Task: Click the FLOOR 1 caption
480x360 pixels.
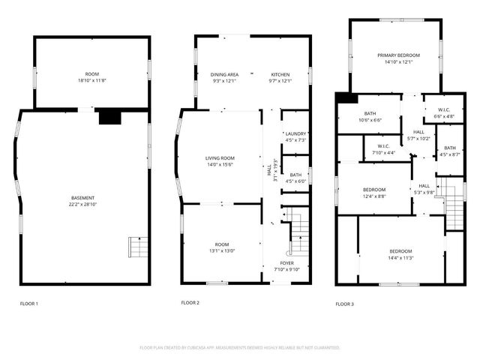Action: tap(29, 304)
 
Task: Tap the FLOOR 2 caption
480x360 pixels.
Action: tap(190, 303)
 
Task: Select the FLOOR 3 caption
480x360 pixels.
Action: tap(344, 304)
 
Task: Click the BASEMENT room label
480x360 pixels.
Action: tap(82, 198)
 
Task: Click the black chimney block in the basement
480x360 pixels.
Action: tap(109, 116)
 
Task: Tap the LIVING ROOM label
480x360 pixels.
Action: tap(221, 158)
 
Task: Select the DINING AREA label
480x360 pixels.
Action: tap(224, 74)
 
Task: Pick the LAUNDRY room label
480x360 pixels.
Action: tap(296, 133)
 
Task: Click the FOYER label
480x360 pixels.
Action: tap(288, 263)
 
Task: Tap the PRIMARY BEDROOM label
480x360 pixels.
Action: tap(398, 55)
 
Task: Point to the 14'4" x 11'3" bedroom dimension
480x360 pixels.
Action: tap(400, 258)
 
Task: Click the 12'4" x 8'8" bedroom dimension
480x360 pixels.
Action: tap(374, 196)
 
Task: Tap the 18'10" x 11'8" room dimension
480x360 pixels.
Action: tap(92, 80)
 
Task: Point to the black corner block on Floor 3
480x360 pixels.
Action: tap(343, 97)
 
